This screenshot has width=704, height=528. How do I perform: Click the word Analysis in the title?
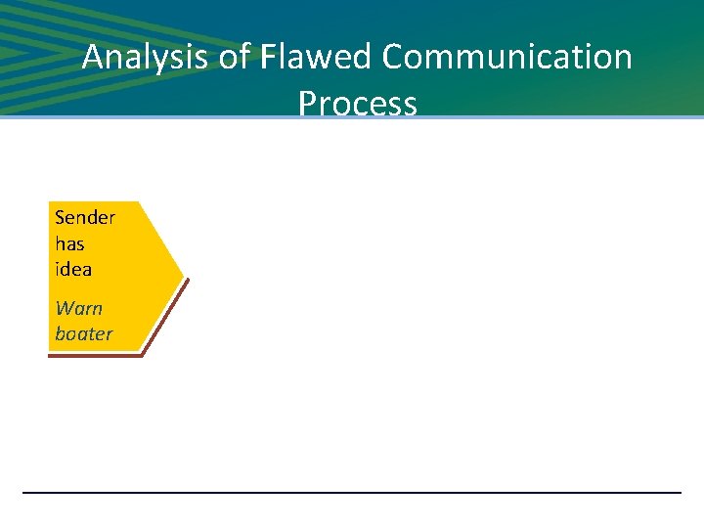146,58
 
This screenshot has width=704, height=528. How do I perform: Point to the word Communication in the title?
507,58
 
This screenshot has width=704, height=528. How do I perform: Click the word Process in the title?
358,102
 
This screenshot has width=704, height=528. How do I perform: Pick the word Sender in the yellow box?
85,217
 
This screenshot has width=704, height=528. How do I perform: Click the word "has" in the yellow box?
69,243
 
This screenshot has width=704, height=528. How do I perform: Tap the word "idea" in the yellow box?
73,269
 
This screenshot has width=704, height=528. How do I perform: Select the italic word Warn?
79,308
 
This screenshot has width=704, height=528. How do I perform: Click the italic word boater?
84,333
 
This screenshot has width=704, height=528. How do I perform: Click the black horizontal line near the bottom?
352,492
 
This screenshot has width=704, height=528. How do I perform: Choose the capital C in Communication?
394,58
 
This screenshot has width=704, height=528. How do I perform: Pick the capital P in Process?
308,102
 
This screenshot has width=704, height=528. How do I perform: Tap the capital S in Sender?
61,217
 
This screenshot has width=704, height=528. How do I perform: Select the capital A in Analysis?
93,58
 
